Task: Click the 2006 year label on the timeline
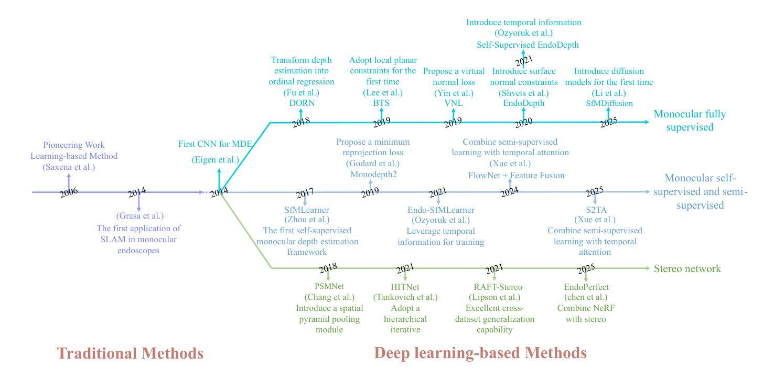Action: click(69, 192)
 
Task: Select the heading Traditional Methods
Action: click(130, 353)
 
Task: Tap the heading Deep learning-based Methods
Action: click(480, 353)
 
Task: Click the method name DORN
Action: click(301, 103)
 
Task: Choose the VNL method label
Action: click(453, 103)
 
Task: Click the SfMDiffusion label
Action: click(609, 103)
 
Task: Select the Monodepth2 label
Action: click(373, 174)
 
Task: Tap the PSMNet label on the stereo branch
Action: click(328, 287)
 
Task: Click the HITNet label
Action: click(405, 287)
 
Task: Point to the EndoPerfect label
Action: click(586, 287)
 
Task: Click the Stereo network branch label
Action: click(687, 269)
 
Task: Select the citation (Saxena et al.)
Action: click(69, 167)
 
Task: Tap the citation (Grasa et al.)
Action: click(139, 215)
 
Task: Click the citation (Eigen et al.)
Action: click(216, 159)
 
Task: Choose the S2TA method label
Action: click(595, 210)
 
